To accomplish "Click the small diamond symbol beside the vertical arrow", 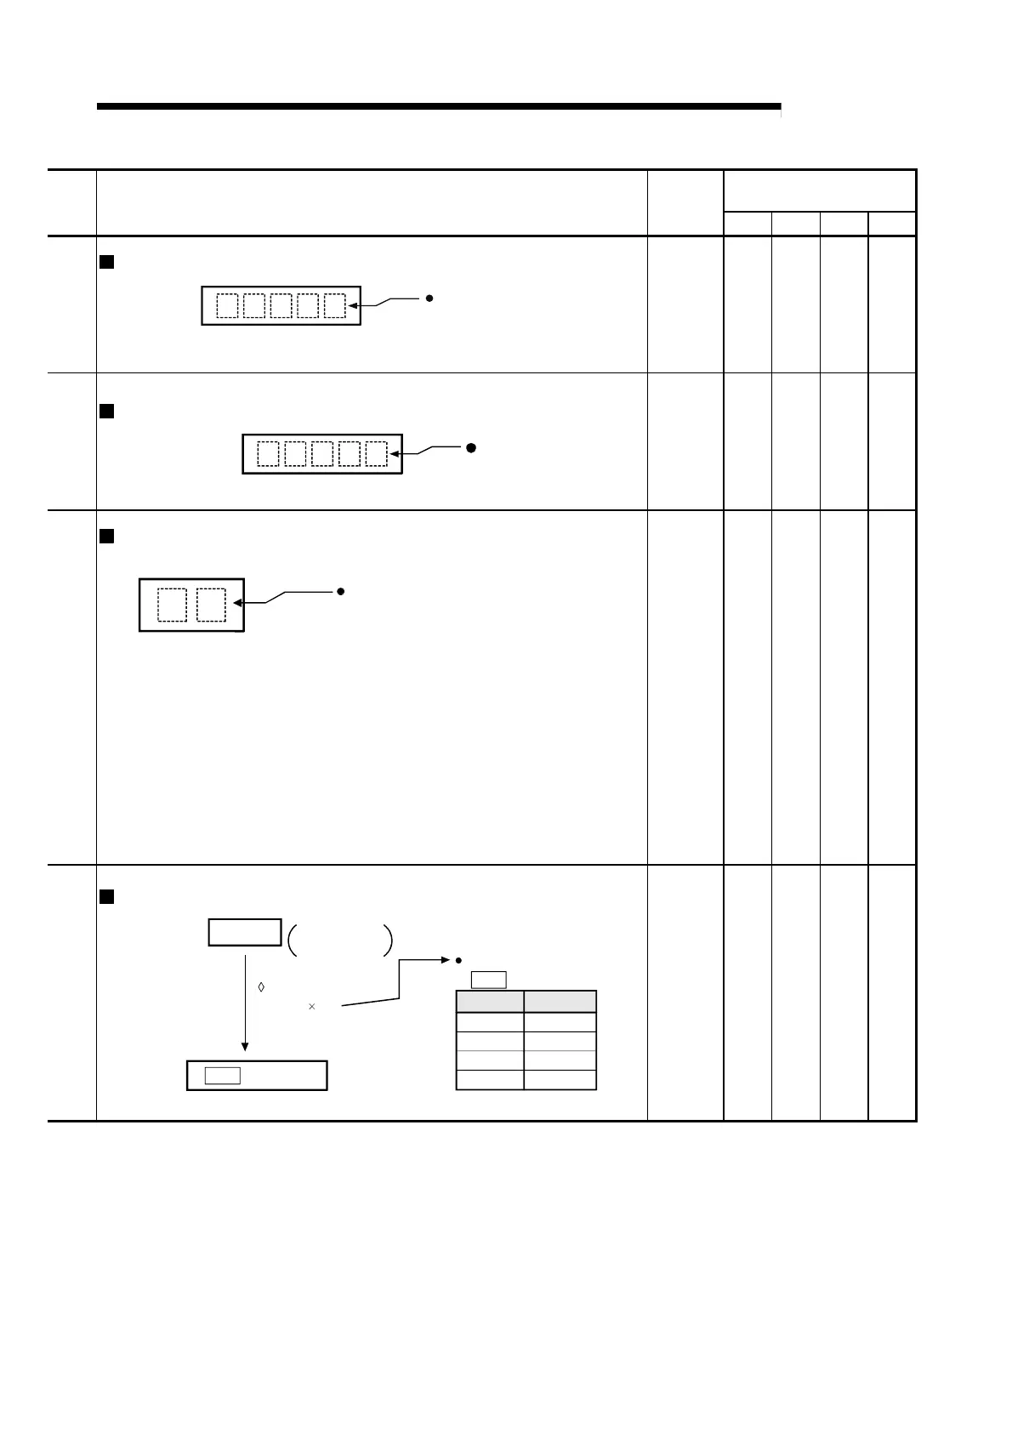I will (x=261, y=987).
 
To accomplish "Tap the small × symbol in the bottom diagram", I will (x=312, y=1007).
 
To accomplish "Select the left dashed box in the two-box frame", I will (x=172, y=605).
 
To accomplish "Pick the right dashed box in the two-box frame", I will (x=211, y=605).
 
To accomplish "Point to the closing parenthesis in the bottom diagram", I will (x=389, y=940).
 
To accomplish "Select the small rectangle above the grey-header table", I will (x=489, y=979).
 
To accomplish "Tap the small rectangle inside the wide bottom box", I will (x=223, y=1076).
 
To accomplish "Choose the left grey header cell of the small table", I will (x=490, y=1001).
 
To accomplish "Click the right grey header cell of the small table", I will (x=560, y=1001).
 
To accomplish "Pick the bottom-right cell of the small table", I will (x=560, y=1080).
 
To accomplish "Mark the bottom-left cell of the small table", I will (x=490, y=1080).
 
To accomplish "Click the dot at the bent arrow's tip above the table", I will (x=458, y=960).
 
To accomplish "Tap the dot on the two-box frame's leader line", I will (x=340, y=591).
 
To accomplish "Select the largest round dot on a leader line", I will (x=469, y=446).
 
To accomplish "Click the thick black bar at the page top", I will (x=439, y=106).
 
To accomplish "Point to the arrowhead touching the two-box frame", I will (x=239, y=604).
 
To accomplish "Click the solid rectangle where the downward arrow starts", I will (x=245, y=932).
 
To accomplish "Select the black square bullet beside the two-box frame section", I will (x=107, y=536).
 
